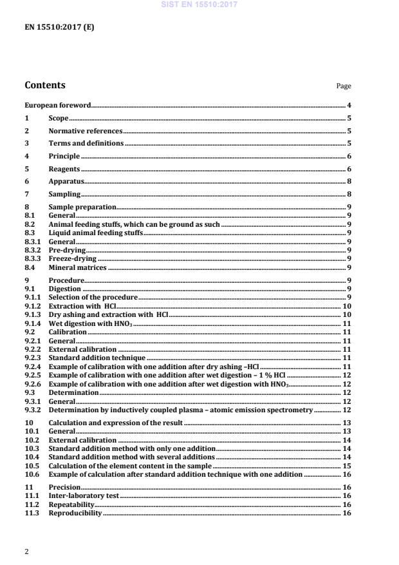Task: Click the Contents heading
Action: (x=44, y=85)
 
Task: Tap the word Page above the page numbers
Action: (x=344, y=86)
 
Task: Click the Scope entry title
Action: (x=59, y=119)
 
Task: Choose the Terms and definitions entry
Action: (x=86, y=143)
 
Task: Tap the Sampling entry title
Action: (x=64, y=193)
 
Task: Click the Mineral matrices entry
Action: (x=77, y=267)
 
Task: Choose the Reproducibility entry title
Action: (x=75, y=513)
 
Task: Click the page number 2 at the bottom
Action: (x=26, y=551)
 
